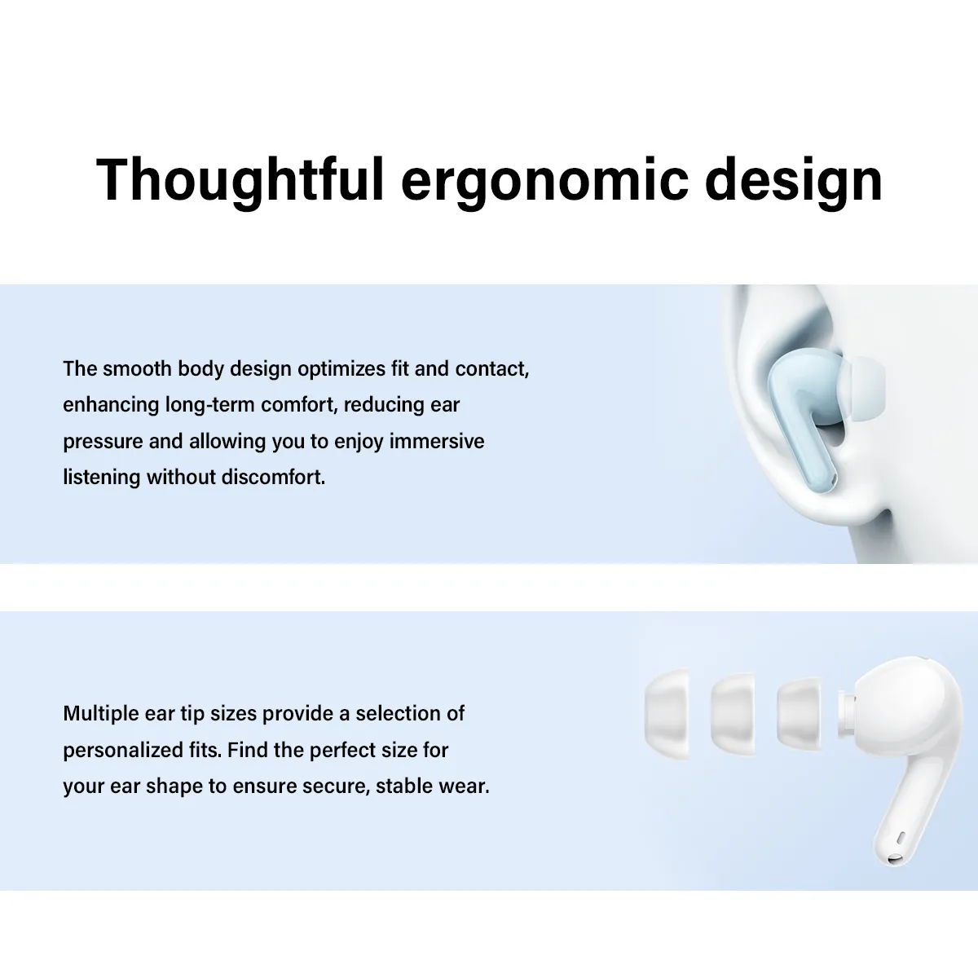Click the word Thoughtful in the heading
pyautogui.click(x=240, y=181)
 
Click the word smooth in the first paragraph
pyautogui.click(x=137, y=369)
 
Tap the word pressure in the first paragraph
pyautogui.click(x=103, y=442)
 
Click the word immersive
pyautogui.click(x=437, y=441)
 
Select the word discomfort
pyautogui.click(x=273, y=477)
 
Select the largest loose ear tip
pyautogui.click(x=667, y=714)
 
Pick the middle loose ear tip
pyautogui.click(x=733, y=714)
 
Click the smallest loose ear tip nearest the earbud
pyautogui.click(x=799, y=714)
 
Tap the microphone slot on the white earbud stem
pyautogui.click(x=901, y=838)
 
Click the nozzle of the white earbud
pyautogui.click(x=846, y=714)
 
